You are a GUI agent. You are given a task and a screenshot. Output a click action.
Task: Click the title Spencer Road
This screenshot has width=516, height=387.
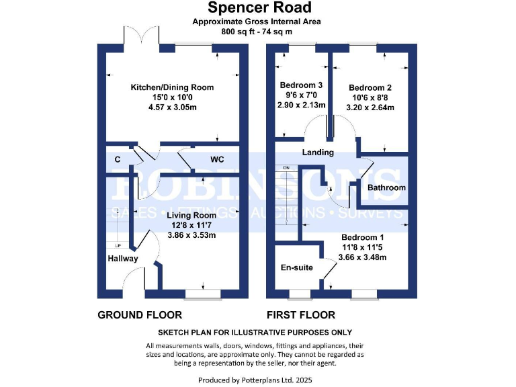click(x=259, y=8)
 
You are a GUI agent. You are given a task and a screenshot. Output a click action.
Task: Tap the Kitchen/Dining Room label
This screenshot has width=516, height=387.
click(x=172, y=87)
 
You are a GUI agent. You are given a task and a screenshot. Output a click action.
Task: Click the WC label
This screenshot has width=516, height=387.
click(x=217, y=160)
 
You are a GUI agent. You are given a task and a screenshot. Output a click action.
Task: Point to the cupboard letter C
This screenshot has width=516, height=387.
click(x=118, y=160)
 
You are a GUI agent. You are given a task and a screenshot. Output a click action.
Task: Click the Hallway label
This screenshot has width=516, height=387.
click(x=122, y=259)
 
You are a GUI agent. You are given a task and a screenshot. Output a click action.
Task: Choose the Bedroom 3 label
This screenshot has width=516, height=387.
click(x=301, y=85)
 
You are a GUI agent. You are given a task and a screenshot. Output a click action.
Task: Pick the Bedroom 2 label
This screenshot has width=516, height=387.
click(x=370, y=88)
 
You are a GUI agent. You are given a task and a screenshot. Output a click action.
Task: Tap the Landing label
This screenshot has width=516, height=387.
click(x=318, y=153)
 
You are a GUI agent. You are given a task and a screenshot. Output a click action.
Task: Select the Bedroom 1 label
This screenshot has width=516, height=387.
click(x=363, y=238)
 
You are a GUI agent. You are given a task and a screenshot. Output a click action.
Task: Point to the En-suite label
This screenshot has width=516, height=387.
click(x=296, y=268)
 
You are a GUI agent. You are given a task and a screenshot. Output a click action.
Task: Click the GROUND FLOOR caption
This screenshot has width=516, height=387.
click(x=140, y=315)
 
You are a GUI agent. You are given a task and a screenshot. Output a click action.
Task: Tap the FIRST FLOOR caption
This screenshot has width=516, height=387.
click(x=301, y=315)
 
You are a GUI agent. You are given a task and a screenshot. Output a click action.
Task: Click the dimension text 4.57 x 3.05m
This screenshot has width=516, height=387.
click(x=172, y=107)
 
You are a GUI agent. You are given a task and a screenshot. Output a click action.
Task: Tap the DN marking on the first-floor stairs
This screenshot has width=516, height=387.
click(x=286, y=167)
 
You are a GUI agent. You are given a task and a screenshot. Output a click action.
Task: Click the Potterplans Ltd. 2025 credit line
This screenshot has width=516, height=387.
click(x=258, y=380)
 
